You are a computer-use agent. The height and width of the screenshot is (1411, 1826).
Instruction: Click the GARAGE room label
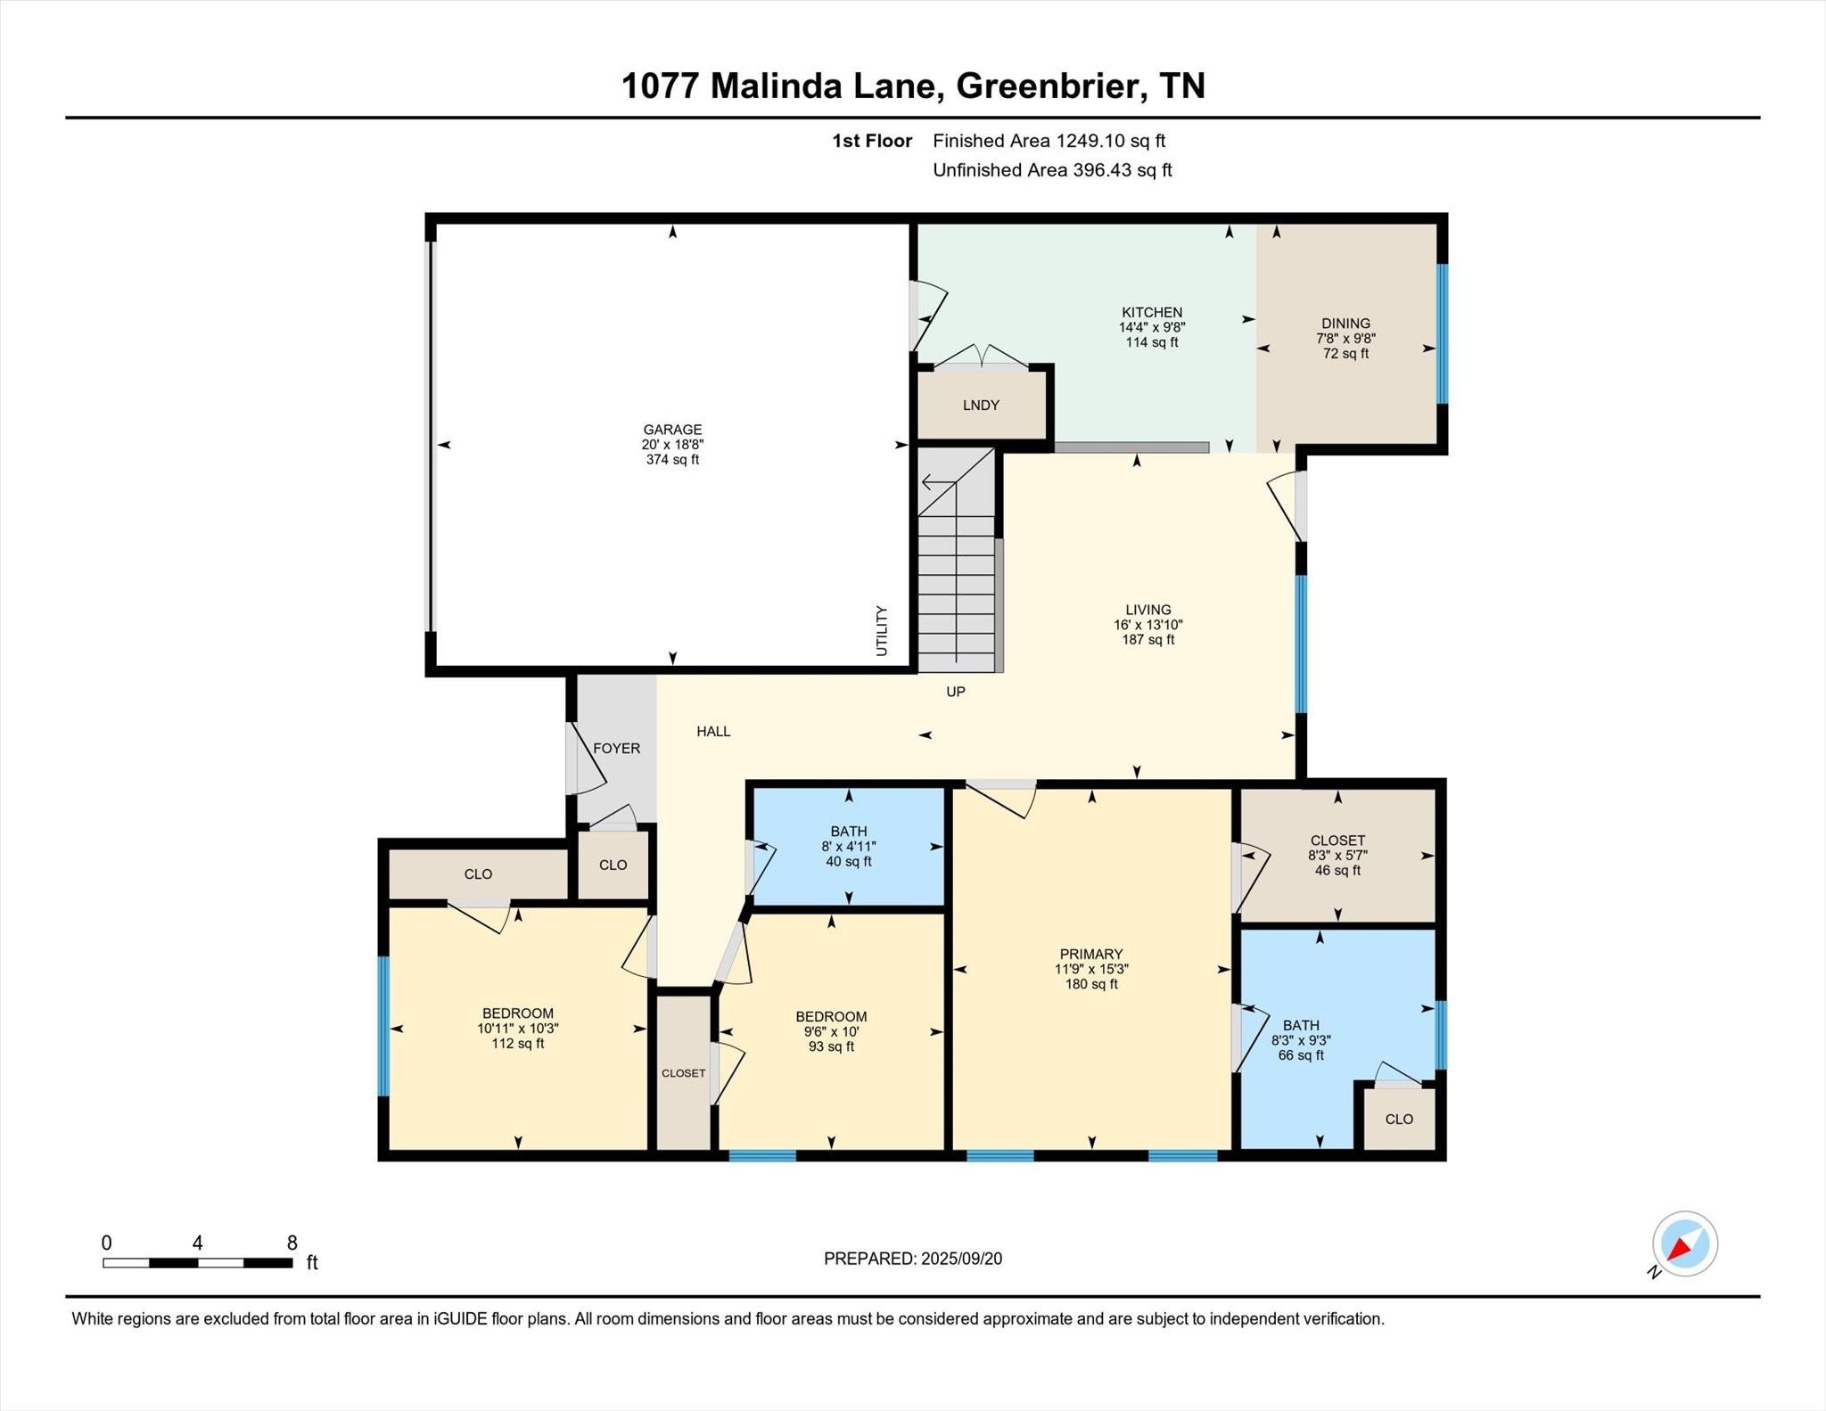coord(672,430)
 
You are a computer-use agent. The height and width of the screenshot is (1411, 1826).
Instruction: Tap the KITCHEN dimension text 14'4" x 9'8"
coord(1151,327)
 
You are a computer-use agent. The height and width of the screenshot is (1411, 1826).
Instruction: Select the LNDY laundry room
coord(981,406)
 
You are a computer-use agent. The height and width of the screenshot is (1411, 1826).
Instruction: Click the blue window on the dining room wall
coord(1442,333)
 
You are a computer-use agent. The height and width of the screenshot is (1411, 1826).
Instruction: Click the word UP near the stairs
coord(955,692)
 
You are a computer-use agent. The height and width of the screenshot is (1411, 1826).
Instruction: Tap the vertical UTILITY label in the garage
coord(882,631)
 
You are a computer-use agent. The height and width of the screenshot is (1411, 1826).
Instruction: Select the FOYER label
coord(616,749)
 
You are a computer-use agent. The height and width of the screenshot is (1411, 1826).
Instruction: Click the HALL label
coord(713,732)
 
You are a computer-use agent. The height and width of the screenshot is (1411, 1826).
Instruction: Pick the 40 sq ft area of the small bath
coord(848,862)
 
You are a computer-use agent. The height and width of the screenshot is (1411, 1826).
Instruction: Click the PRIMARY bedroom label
coord(1090,954)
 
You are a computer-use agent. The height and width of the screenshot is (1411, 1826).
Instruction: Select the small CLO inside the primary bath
coord(1398,1120)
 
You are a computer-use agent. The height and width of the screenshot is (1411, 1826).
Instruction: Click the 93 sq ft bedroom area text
coord(831,1046)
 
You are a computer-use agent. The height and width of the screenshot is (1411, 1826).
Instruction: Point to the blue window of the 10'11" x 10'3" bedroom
coord(384,1025)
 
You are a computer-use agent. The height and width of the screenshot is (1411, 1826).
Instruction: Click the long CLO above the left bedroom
coord(478,874)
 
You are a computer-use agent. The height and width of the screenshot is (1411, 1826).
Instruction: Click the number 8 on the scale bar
coord(292,1243)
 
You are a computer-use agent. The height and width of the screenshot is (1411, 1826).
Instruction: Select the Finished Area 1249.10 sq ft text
coord(1049,141)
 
